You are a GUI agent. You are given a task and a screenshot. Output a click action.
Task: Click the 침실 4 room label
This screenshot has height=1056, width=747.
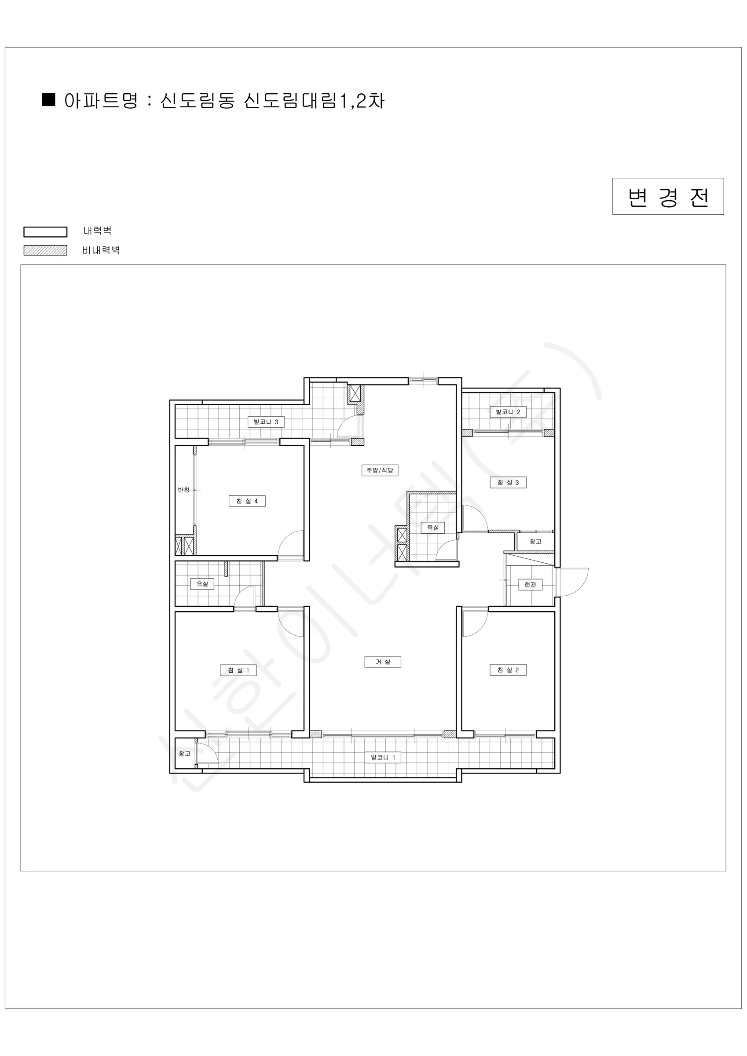247,501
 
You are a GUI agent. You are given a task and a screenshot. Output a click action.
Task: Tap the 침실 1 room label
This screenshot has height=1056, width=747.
238,670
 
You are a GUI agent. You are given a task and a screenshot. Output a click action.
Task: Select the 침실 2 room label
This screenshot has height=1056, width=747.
508,670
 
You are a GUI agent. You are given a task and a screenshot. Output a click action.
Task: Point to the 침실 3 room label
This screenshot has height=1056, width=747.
508,483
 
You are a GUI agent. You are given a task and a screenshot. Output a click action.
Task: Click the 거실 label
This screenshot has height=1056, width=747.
383,662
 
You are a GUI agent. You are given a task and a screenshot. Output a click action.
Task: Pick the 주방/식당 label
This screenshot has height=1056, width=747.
380,470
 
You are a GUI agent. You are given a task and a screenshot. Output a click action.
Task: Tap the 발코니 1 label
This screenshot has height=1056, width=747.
383,757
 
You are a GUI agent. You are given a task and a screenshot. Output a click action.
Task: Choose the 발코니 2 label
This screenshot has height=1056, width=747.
508,412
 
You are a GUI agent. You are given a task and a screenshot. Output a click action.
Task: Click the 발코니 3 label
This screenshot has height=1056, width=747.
266,422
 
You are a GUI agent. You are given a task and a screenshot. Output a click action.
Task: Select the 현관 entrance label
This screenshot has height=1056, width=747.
531,585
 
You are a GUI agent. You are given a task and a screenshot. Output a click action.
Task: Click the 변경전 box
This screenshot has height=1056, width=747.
668,196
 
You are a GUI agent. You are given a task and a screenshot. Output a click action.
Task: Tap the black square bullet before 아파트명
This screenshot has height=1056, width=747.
49,100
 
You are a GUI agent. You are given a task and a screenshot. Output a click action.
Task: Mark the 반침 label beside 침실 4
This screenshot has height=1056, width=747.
183,490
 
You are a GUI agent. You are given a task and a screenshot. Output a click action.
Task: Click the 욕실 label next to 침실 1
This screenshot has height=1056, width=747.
202,584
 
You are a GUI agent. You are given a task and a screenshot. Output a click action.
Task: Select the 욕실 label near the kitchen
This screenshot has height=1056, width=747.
433,528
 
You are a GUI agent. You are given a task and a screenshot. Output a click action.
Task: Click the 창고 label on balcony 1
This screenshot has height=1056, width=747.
184,753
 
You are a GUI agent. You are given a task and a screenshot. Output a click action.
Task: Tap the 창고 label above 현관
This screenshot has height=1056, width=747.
535,542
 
